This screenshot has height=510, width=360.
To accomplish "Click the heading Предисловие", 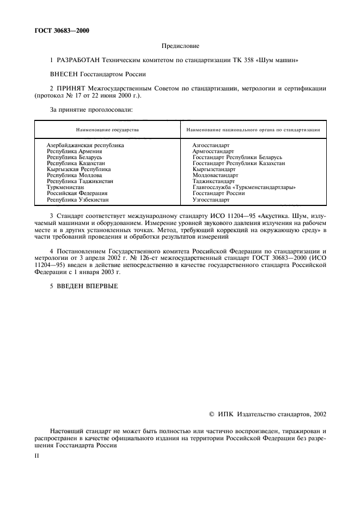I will click(x=180, y=46).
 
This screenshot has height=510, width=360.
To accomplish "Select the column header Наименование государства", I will click(x=107, y=130).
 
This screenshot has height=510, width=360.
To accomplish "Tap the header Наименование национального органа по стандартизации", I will click(x=253, y=130).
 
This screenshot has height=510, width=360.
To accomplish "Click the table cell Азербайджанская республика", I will click(x=85, y=145).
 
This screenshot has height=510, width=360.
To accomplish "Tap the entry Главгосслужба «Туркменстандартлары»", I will click(x=244, y=187).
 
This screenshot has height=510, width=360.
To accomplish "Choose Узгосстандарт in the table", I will click(x=211, y=199).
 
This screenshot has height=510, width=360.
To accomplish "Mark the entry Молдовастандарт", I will click(x=215, y=175).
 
